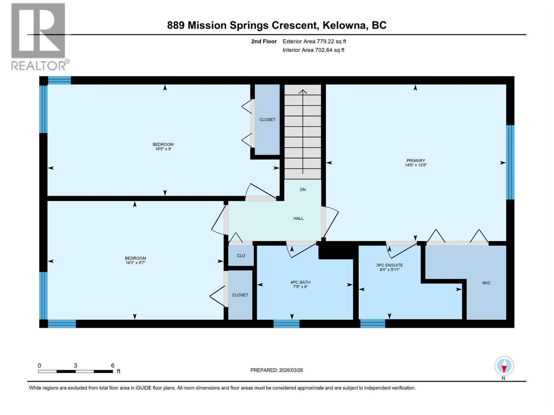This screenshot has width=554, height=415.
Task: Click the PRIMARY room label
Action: [415, 160]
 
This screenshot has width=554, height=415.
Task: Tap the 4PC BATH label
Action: [300, 282]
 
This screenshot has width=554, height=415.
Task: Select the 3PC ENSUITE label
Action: [390, 265]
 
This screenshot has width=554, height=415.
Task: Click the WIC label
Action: [486, 283]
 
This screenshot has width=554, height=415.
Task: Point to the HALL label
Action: [298, 219]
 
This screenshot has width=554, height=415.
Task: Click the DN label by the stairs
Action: [303, 190]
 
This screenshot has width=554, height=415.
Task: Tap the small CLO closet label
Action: [241, 256]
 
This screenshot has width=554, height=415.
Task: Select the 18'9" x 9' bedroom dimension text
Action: [163, 149]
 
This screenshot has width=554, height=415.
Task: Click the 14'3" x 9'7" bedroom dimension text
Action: [135, 263]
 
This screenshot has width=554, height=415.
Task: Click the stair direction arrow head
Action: [303, 92]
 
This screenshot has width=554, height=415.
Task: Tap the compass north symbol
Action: [504, 366]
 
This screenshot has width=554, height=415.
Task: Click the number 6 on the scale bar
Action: [113, 366]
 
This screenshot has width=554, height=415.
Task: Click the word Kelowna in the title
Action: [345, 25]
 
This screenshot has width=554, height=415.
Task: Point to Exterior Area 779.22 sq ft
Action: [314, 41]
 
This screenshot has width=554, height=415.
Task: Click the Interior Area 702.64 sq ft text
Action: [313, 50]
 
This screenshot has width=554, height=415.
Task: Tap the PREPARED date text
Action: [277, 370]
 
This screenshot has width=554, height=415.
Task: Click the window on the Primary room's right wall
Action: [510, 162]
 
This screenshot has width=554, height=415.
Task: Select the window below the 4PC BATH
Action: [286, 324]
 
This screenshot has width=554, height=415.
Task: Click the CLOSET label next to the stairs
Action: [267, 120]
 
